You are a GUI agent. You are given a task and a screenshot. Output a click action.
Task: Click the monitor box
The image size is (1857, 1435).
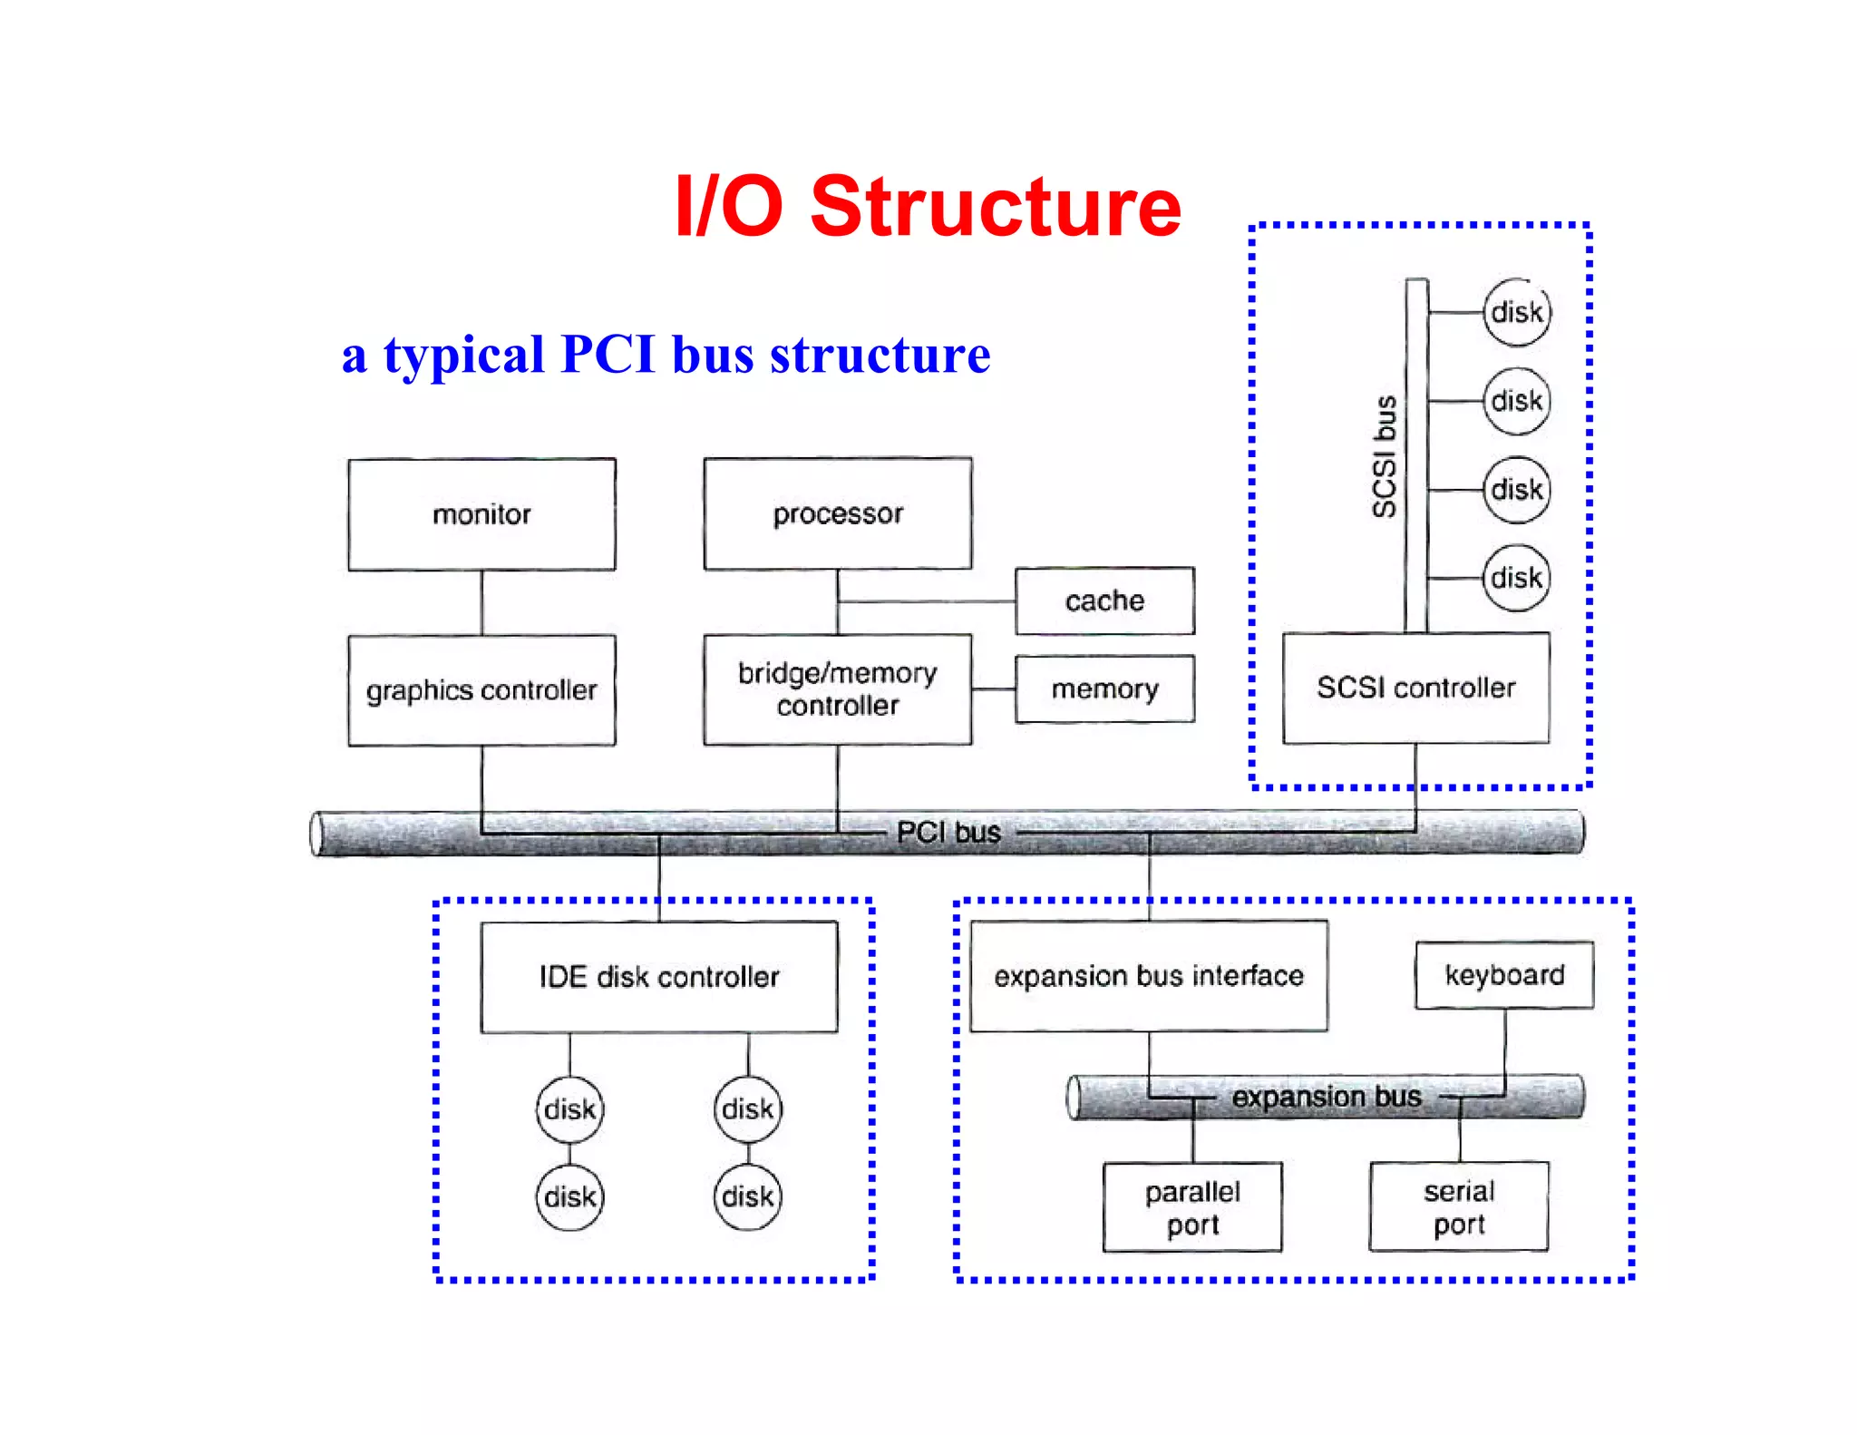pos(481,514)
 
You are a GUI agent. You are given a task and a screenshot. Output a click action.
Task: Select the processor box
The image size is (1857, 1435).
pos(837,513)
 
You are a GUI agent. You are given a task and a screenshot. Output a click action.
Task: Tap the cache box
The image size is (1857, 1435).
pos(1104,600)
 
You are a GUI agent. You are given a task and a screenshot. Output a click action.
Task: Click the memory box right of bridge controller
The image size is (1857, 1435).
pos(1104,689)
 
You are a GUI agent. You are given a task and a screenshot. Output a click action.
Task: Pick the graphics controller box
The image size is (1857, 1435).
pos(481,690)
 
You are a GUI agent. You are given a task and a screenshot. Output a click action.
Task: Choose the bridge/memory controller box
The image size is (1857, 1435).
pos(837,689)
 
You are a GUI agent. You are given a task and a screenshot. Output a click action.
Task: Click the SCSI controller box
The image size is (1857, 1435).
pos(1415,688)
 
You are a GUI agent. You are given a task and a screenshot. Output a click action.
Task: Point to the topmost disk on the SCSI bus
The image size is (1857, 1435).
pos(1517,313)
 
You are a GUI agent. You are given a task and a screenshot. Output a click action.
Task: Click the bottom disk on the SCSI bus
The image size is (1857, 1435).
pos(1517,578)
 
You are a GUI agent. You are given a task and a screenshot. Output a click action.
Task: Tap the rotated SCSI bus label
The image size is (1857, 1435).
pos(1384,456)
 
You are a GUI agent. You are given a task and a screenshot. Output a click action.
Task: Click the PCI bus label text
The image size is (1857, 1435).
pos(948,832)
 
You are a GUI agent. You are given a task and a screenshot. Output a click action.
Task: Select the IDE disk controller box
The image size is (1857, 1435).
pos(659,977)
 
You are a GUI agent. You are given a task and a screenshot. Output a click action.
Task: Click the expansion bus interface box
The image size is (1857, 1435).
pos(1148,976)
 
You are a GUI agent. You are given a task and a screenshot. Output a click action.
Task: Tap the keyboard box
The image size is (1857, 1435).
pos(1504,975)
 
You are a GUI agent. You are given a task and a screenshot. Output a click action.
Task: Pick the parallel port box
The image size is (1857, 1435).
pos(1192,1207)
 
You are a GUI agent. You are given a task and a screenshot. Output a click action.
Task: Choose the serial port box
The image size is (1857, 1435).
pos(1459,1206)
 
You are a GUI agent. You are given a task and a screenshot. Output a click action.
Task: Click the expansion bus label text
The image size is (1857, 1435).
pos(1326,1097)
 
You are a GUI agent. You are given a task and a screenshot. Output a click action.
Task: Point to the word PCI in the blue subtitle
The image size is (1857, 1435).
pos(608,354)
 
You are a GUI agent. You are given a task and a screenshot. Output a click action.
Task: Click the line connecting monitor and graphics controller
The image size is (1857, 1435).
pos(481,602)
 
